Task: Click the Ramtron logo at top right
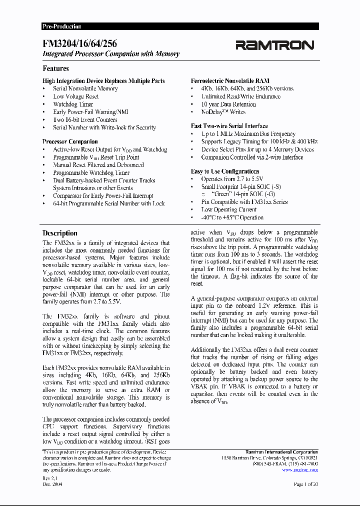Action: pyautogui.click(x=274, y=45)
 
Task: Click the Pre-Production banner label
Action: pyautogui.click(x=62, y=26)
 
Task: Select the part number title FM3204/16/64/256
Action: pyautogui.click(x=80, y=44)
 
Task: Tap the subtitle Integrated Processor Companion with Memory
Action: pyautogui.click(x=111, y=54)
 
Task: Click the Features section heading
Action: pyautogui.click(x=55, y=68)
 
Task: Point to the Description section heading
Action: pyautogui.click(x=60, y=233)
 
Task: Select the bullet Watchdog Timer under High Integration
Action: pyautogui.click(x=73, y=104)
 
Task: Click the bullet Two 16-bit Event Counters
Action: pyautogui.click(x=85, y=120)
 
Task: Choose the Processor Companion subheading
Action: pyautogui.click(x=70, y=141)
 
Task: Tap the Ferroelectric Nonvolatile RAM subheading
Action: pyautogui.click(x=230, y=80)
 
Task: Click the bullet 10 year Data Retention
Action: pyautogui.click(x=228, y=104)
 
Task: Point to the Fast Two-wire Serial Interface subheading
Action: pyautogui.click(x=229, y=126)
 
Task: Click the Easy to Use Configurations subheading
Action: pyautogui.click(x=225, y=171)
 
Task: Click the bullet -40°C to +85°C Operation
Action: pyautogui.click(x=232, y=217)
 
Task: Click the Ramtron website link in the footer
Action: pyautogui.click(x=299, y=470)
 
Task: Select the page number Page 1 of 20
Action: pyautogui.click(x=305, y=485)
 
